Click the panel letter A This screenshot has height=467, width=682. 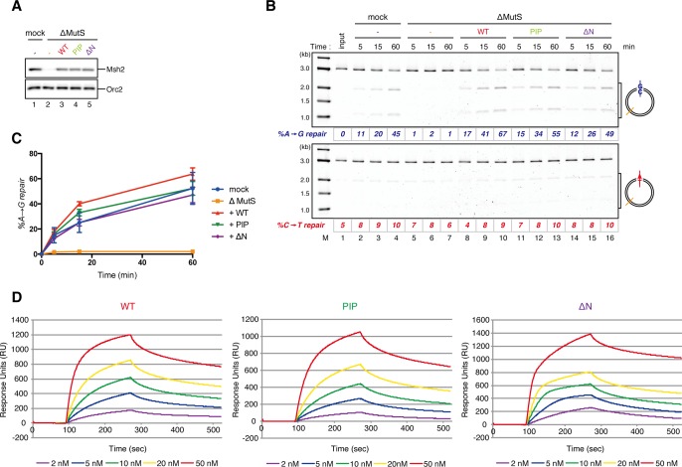(7, 7)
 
